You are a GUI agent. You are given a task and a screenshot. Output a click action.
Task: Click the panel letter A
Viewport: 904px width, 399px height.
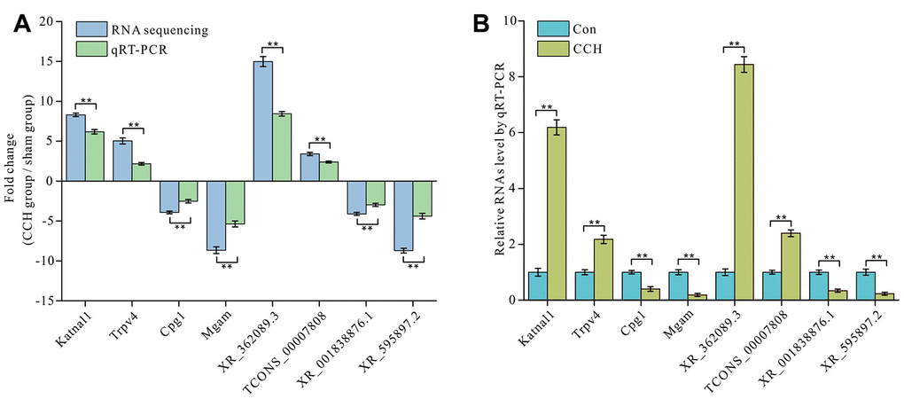click(x=22, y=26)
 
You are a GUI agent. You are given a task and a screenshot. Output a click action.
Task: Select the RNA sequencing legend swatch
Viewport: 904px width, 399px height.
click(x=92, y=29)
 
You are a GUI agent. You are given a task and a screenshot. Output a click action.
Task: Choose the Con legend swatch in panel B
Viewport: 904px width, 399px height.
click(x=549, y=29)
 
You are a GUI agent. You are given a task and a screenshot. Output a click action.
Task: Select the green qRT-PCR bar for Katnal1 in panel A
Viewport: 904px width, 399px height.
click(x=95, y=156)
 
